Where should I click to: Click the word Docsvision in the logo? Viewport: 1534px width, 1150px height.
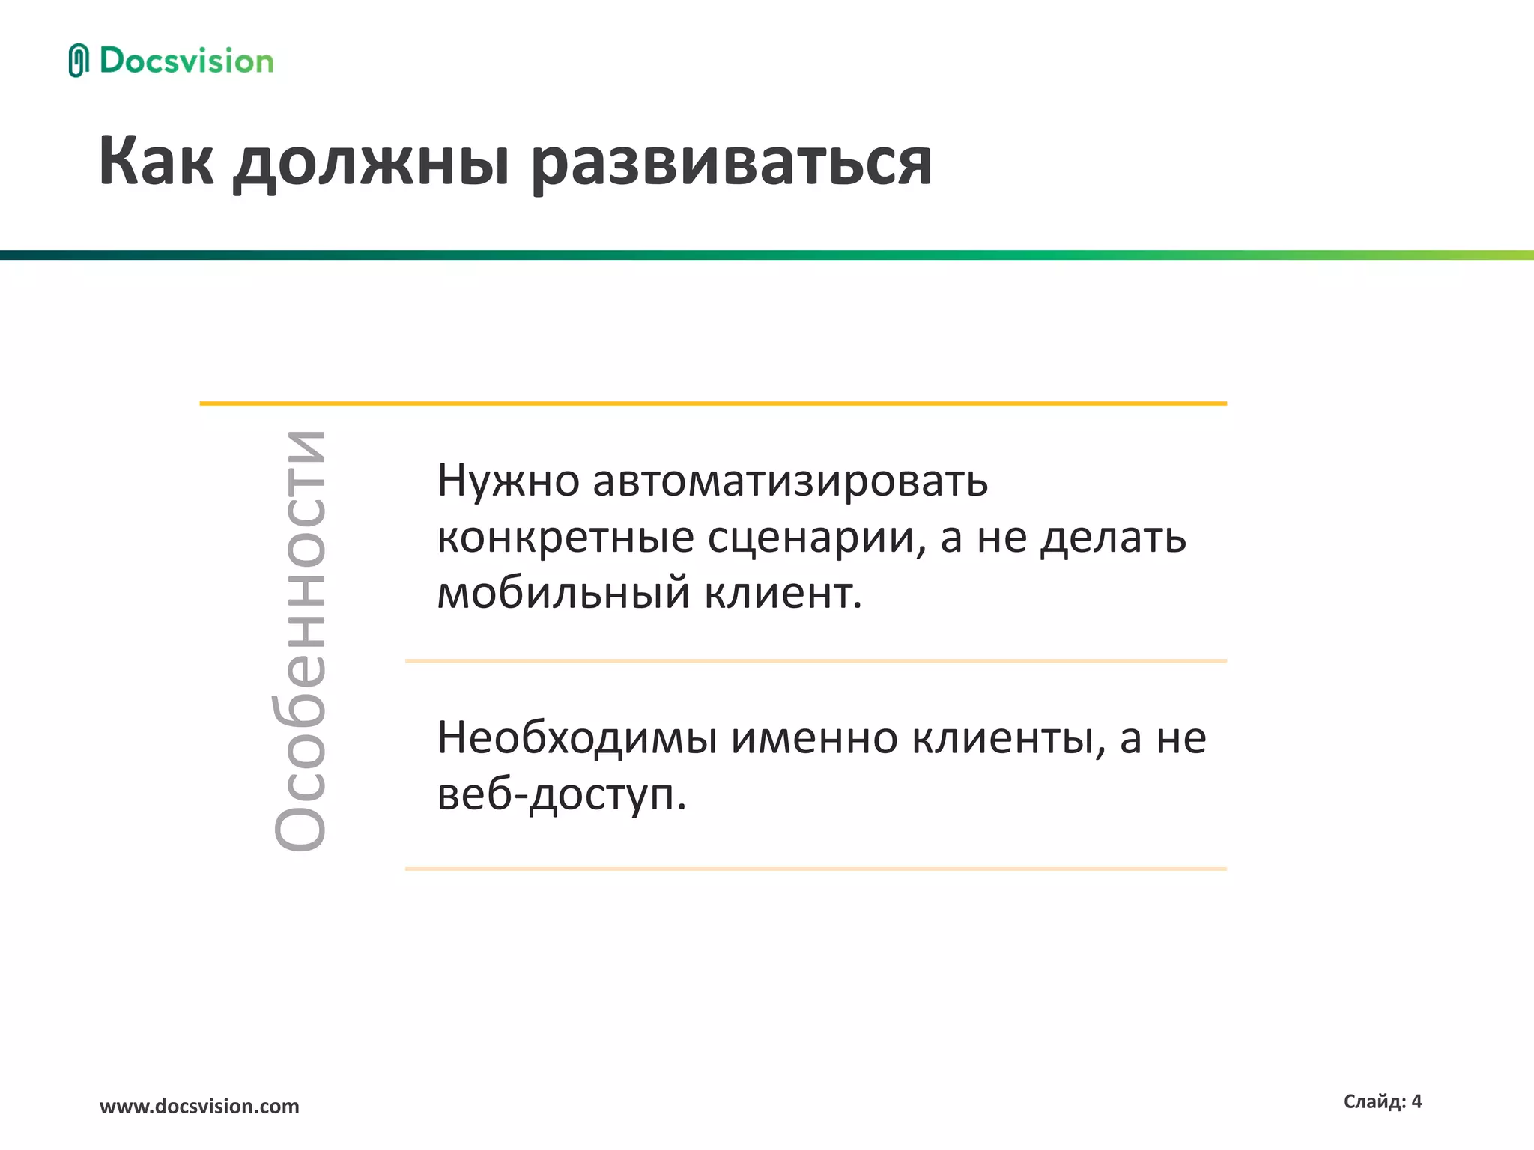[187, 61]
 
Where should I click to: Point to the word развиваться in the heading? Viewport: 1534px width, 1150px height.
[732, 164]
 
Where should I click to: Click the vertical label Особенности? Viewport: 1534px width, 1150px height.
[300, 641]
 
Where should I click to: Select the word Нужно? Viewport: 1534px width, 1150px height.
[508, 481]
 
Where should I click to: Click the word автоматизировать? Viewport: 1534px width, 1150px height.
[790, 481]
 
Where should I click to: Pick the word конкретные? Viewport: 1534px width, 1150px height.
[566, 538]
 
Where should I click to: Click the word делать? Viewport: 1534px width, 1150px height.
[1114, 538]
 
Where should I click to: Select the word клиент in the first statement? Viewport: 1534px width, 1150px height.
[779, 594]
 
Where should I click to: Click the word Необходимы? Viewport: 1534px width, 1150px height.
[577, 738]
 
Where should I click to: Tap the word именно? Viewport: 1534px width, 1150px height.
[814, 738]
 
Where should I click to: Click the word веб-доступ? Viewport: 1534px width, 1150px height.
[560, 795]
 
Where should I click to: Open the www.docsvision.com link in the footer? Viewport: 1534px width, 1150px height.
[199, 1106]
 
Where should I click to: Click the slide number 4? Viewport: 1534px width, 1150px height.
[1416, 1101]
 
